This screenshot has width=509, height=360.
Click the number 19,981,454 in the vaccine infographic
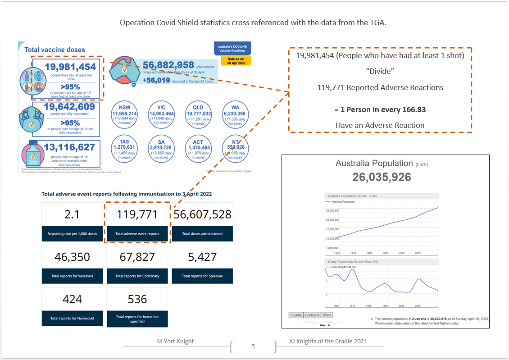coord(70,68)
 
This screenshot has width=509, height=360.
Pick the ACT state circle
coord(198,148)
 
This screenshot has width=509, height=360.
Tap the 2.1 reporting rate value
coord(72,214)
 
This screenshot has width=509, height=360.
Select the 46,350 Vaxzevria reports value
coord(72,257)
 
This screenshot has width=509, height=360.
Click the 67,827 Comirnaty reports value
coord(137,257)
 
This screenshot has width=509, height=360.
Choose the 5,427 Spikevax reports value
coord(202,257)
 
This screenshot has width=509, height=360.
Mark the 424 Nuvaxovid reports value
coord(72,299)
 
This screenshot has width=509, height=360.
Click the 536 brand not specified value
coord(137,299)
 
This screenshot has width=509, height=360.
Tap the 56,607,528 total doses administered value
coord(202,214)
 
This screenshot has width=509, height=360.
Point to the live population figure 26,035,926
coord(382,177)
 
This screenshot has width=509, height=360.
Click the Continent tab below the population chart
coord(312,315)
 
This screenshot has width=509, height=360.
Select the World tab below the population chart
coord(327,315)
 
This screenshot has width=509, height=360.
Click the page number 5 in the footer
coord(253,346)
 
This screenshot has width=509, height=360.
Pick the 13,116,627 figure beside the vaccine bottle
coord(69,147)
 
